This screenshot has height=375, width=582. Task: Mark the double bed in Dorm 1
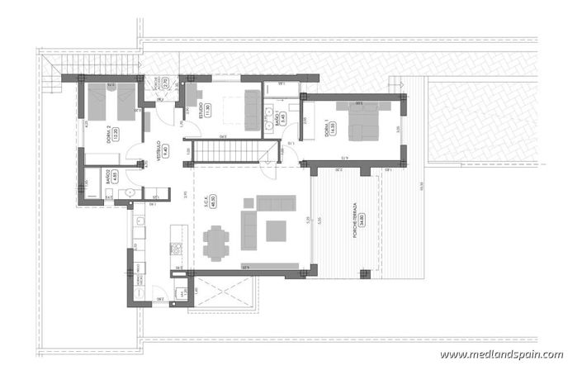pos(363,124)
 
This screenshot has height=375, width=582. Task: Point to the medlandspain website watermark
pos(501,354)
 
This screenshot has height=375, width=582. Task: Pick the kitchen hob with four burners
pos(175,248)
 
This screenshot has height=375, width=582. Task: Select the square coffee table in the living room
pos(276,229)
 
